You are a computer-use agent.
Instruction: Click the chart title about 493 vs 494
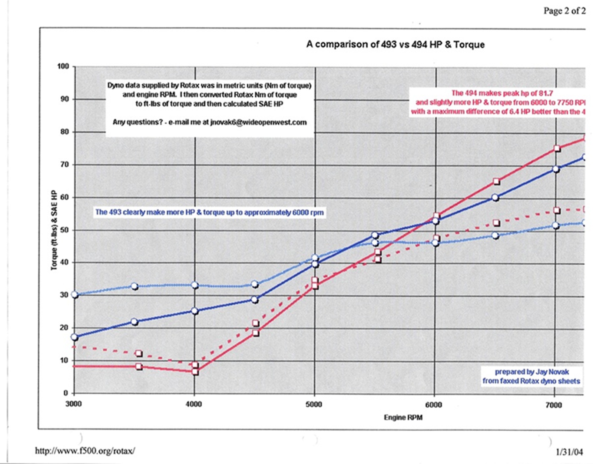coord(395,45)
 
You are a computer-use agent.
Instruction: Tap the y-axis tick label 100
coord(63,66)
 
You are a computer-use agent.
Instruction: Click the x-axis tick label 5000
coord(314,404)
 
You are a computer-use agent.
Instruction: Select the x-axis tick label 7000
coord(554,405)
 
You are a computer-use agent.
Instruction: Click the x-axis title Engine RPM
coord(403,418)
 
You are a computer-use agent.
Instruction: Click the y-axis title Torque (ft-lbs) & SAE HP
coord(54,230)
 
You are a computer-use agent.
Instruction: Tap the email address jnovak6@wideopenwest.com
coord(258,122)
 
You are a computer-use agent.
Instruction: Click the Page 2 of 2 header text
coord(564,11)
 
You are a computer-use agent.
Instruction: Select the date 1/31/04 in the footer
coord(569,452)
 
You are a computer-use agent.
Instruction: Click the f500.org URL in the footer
coord(85,451)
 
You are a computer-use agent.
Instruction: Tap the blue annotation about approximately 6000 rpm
coord(209,213)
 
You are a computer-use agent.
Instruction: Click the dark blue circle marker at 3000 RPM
coord(74,337)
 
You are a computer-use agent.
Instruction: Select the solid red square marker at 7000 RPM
coord(557,148)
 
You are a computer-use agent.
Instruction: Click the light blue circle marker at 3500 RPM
coord(135,286)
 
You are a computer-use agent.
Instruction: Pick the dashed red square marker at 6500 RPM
coord(496,223)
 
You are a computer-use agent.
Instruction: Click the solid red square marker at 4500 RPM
coord(255,333)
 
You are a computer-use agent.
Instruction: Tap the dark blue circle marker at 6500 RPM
coord(495,198)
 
